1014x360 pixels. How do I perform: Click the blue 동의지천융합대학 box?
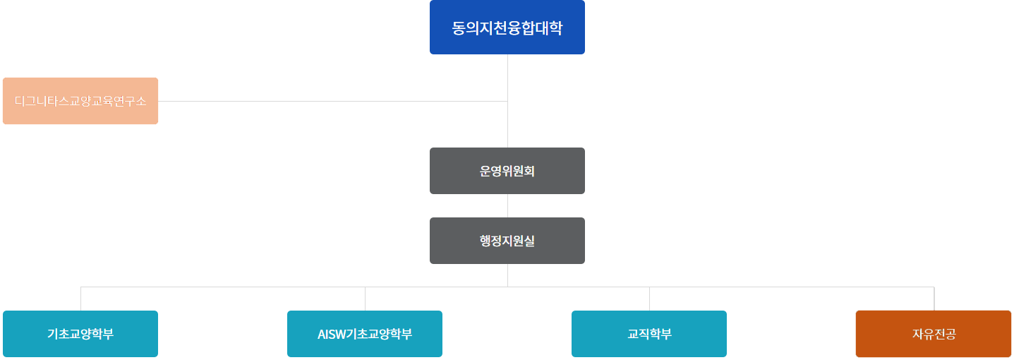(x=507, y=28)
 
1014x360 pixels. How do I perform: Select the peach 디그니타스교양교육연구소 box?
(x=80, y=101)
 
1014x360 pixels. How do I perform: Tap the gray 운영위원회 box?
(x=507, y=171)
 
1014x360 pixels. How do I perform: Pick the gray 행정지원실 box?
(x=507, y=241)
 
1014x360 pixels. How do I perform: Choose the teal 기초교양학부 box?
(x=80, y=334)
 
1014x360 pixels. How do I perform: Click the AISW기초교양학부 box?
(x=365, y=334)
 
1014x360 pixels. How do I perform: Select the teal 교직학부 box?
(x=649, y=334)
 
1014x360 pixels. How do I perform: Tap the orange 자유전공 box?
(x=934, y=334)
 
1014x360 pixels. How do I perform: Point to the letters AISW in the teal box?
(x=332, y=334)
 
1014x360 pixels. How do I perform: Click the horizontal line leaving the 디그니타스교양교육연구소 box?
(x=332, y=101)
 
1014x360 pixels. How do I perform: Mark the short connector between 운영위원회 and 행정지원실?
(x=507, y=205)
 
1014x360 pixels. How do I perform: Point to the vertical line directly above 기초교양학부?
(x=80, y=299)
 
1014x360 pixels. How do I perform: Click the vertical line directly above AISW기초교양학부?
(x=365, y=299)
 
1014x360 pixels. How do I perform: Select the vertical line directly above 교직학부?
(x=649, y=299)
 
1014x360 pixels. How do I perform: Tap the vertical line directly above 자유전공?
(x=934, y=299)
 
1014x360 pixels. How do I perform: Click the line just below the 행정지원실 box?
(x=507, y=275)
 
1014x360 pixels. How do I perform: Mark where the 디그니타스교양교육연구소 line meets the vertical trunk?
(x=507, y=101)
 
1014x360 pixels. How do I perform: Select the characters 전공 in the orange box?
(x=945, y=334)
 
